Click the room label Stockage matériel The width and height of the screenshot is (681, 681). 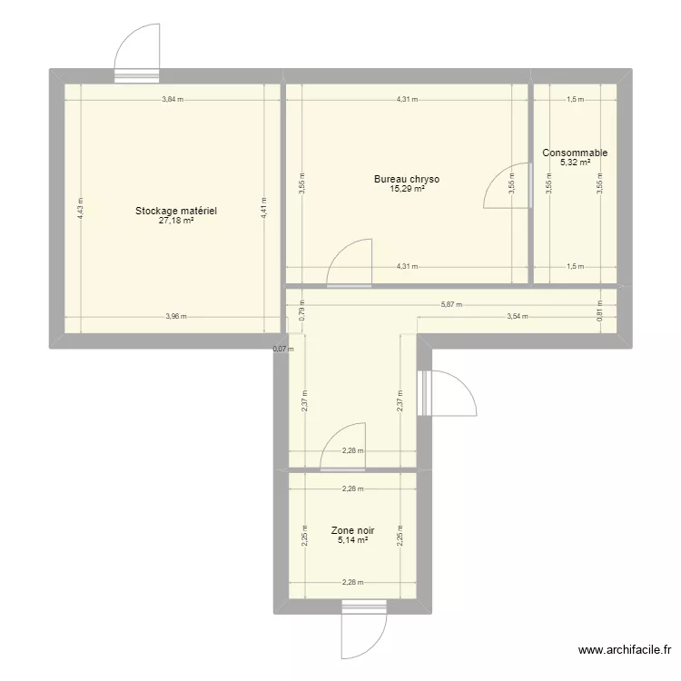pyautogui.click(x=176, y=211)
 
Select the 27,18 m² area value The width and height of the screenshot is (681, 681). pyautogui.click(x=176, y=221)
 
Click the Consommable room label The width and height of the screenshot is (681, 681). pyautogui.click(x=575, y=153)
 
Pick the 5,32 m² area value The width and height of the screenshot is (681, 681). pyautogui.click(x=575, y=163)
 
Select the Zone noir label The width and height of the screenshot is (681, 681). pyautogui.click(x=352, y=530)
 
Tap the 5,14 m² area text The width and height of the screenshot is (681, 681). pyautogui.click(x=352, y=540)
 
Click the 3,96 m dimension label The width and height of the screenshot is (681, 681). pyautogui.click(x=176, y=317)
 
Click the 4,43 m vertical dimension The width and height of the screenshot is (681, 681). pyautogui.click(x=80, y=209)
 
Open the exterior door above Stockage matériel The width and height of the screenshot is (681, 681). pyautogui.click(x=138, y=52)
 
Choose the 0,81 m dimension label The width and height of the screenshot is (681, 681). pyautogui.click(x=599, y=310)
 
